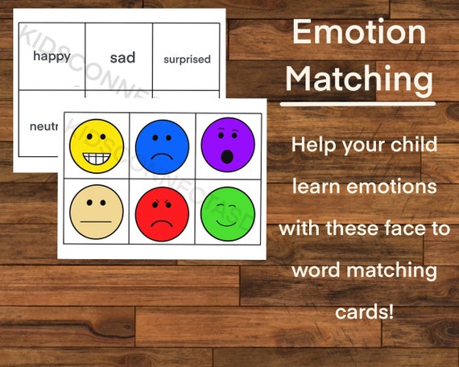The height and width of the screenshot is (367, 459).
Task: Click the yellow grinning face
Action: (96, 146)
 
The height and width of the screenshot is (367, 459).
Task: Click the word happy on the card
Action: (50, 57)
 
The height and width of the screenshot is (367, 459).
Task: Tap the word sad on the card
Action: (122, 57)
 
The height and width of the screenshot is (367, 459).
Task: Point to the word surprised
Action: (187, 59)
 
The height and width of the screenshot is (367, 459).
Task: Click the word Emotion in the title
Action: (359, 32)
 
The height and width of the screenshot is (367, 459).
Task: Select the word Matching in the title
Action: (359, 80)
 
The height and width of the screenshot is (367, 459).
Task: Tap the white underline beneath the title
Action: (359, 104)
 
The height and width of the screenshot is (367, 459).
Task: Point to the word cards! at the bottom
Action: (364, 311)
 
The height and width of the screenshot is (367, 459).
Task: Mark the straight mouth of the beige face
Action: (95, 221)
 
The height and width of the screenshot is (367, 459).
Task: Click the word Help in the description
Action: (313, 146)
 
